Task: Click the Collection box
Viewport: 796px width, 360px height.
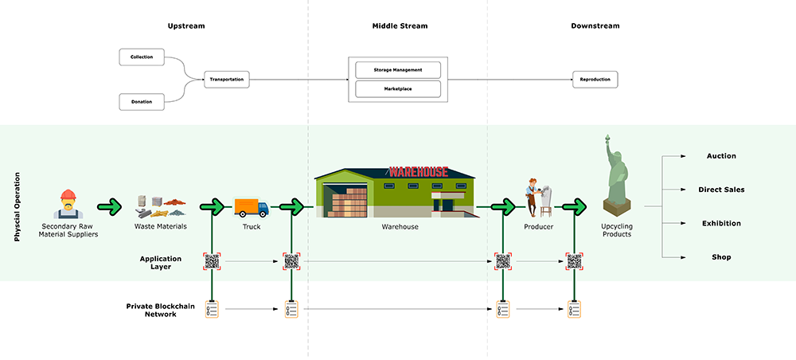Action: pyautogui.click(x=142, y=57)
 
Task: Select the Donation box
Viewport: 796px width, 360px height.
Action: pyautogui.click(x=142, y=101)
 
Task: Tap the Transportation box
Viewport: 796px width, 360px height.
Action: pyautogui.click(x=227, y=80)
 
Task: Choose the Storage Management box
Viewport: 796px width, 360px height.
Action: pyautogui.click(x=398, y=69)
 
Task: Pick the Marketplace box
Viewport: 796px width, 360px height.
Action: pyautogui.click(x=398, y=88)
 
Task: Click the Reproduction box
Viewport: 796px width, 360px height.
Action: pyautogui.click(x=595, y=80)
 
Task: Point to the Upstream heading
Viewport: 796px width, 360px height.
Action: pyautogui.click(x=186, y=26)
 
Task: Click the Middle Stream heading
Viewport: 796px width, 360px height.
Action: pyautogui.click(x=400, y=26)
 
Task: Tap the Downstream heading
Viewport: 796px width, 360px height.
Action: pyautogui.click(x=595, y=26)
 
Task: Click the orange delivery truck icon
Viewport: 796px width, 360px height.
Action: pyautogui.click(x=251, y=207)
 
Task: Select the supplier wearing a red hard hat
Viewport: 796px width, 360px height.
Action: pyautogui.click(x=68, y=204)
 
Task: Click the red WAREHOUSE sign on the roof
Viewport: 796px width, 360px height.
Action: pyautogui.click(x=418, y=171)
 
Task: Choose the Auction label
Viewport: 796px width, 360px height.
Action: pyautogui.click(x=721, y=156)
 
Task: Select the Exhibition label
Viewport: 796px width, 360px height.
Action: pyautogui.click(x=721, y=224)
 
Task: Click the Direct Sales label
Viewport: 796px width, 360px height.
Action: pyautogui.click(x=721, y=190)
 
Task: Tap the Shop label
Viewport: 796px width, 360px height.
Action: pyautogui.click(x=721, y=257)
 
